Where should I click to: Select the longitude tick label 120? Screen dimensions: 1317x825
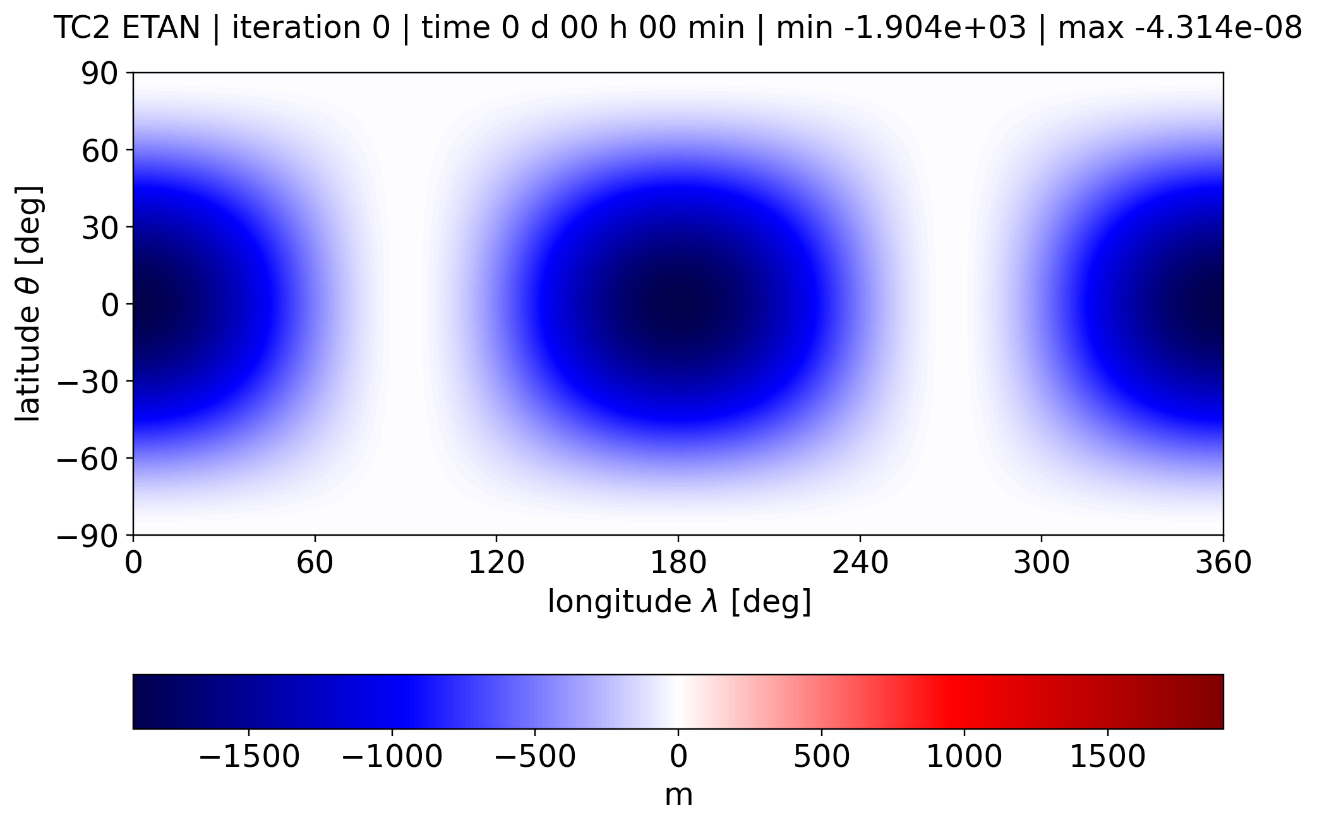click(x=496, y=562)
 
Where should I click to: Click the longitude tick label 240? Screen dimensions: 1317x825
click(x=860, y=562)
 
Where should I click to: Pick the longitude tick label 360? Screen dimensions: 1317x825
click(x=1223, y=562)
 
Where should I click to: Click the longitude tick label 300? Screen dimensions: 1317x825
click(x=1042, y=562)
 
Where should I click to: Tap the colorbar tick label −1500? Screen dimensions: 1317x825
click(x=249, y=756)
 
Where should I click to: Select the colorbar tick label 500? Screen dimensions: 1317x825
click(x=821, y=756)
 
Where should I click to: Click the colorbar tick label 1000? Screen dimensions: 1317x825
click(x=965, y=756)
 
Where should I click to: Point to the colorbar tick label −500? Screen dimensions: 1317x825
click(x=535, y=756)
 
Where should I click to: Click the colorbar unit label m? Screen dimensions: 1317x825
click(x=678, y=795)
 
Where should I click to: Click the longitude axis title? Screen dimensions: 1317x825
click(x=679, y=601)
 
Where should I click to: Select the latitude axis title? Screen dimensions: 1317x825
click(x=28, y=304)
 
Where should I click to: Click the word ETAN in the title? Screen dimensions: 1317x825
click(x=161, y=28)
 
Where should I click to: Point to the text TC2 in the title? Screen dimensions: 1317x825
click(x=83, y=28)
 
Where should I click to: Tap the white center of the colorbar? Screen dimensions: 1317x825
click(x=678, y=701)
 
